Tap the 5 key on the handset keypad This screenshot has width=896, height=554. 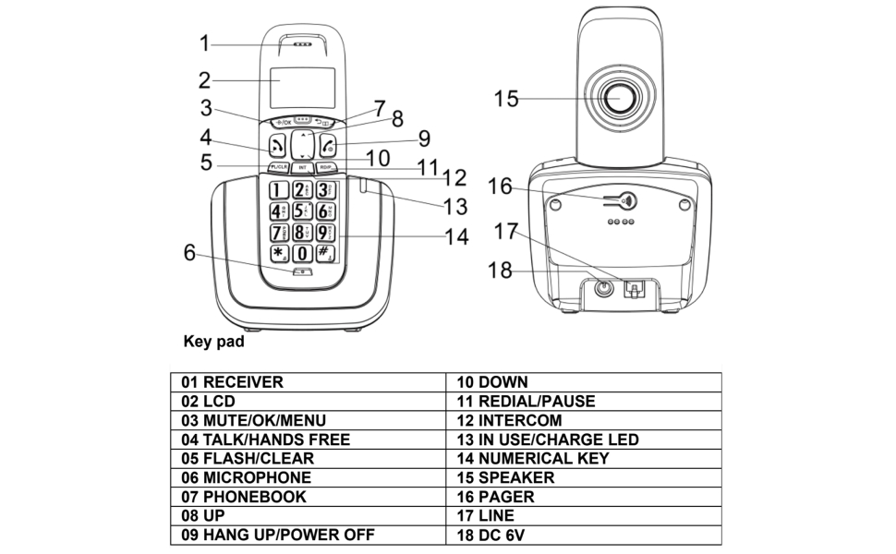[301, 211]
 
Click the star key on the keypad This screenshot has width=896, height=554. [278, 252]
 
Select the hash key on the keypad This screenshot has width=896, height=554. [325, 252]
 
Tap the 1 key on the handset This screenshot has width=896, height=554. [278, 191]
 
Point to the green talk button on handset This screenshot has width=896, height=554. [277, 146]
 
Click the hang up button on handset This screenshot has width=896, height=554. [327, 146]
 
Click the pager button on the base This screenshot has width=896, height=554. [628, 201]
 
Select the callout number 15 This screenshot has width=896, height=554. [506, 98]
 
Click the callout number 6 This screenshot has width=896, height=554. [189, 251]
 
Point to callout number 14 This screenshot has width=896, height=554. [455, 236]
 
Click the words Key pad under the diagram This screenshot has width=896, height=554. [214, 342]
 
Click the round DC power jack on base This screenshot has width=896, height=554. [604, 288]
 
